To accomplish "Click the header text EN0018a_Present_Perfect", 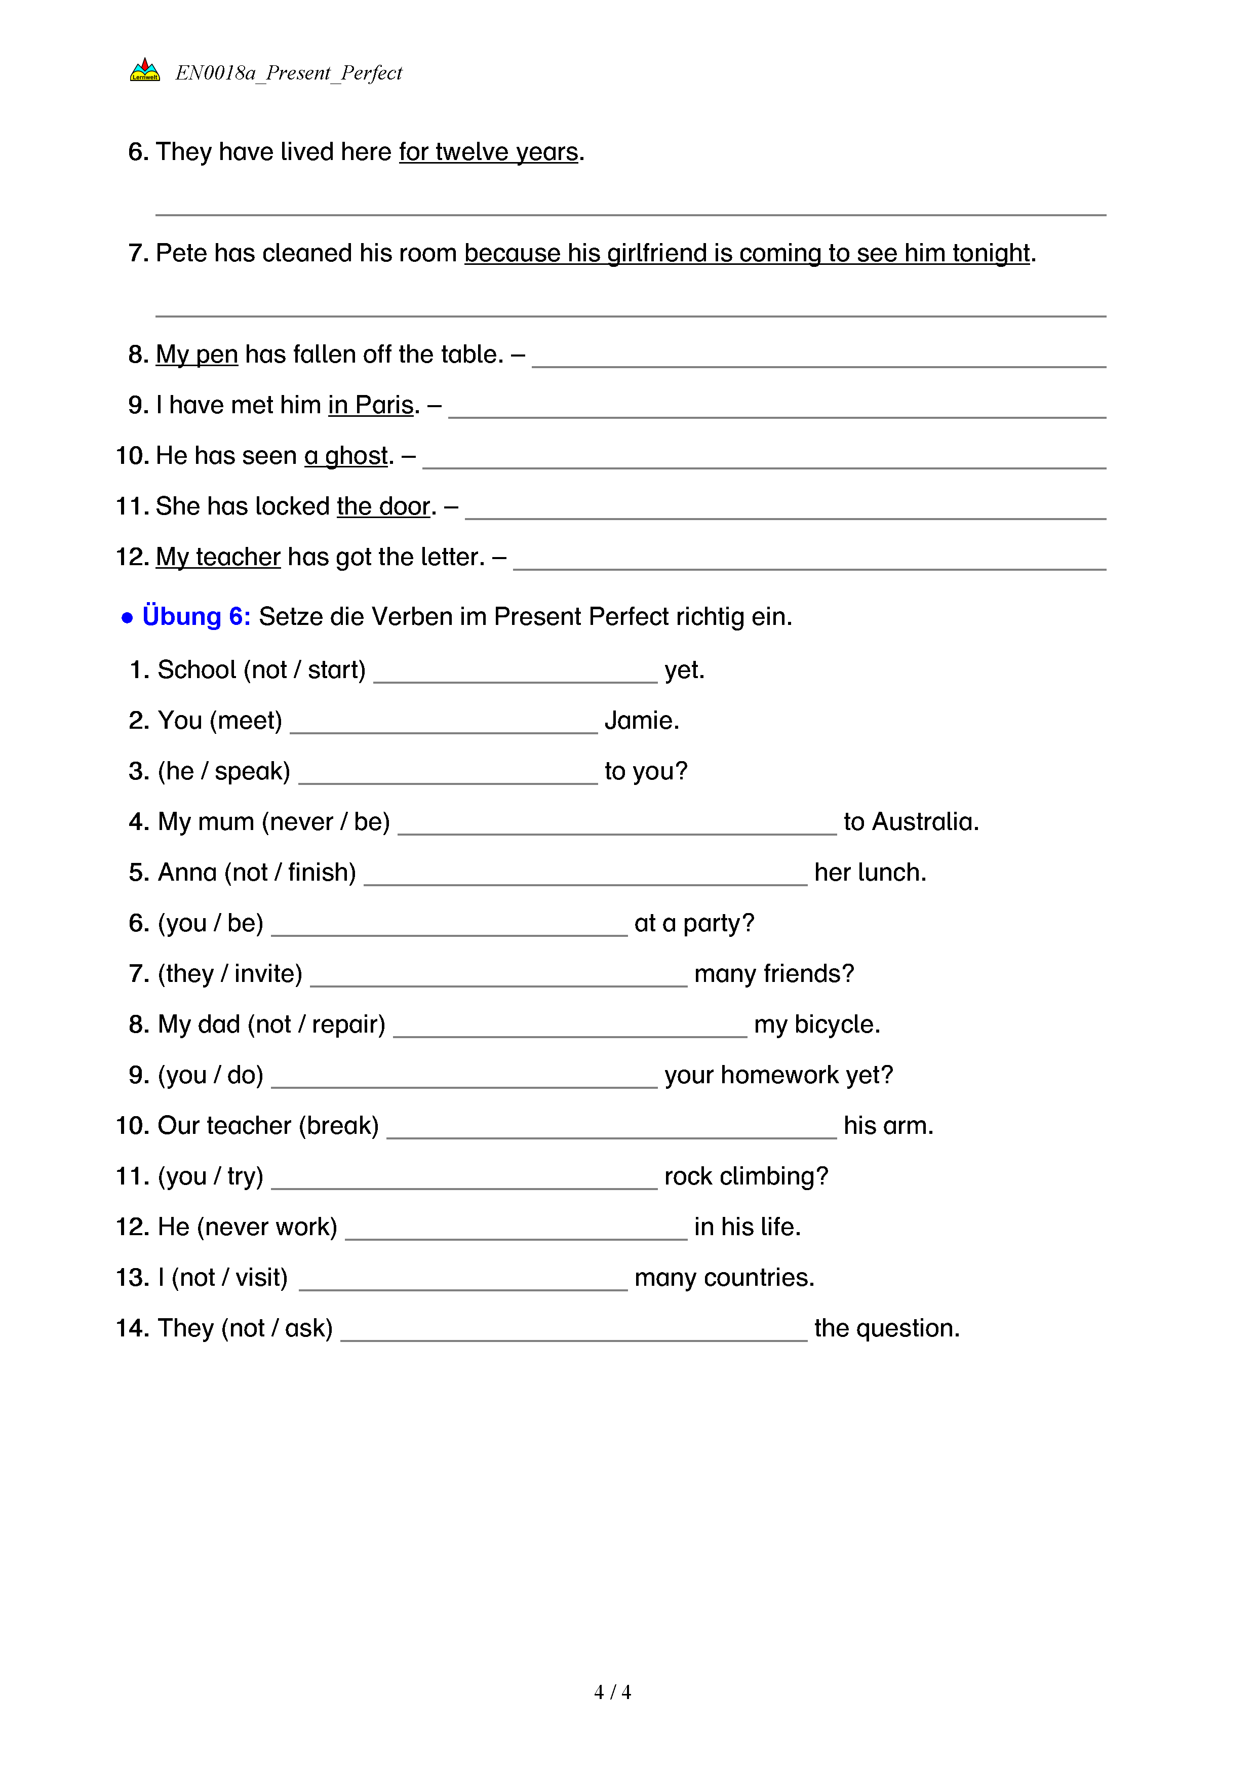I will pos(289,73).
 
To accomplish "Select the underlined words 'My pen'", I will pos(197,354).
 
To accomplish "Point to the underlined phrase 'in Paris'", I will pos(370,405).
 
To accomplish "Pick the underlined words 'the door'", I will pos(383,506).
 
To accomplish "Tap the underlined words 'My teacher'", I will pos(218,557).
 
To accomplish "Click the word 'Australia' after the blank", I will pos(923,821).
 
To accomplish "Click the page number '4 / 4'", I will pos(612,1692).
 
